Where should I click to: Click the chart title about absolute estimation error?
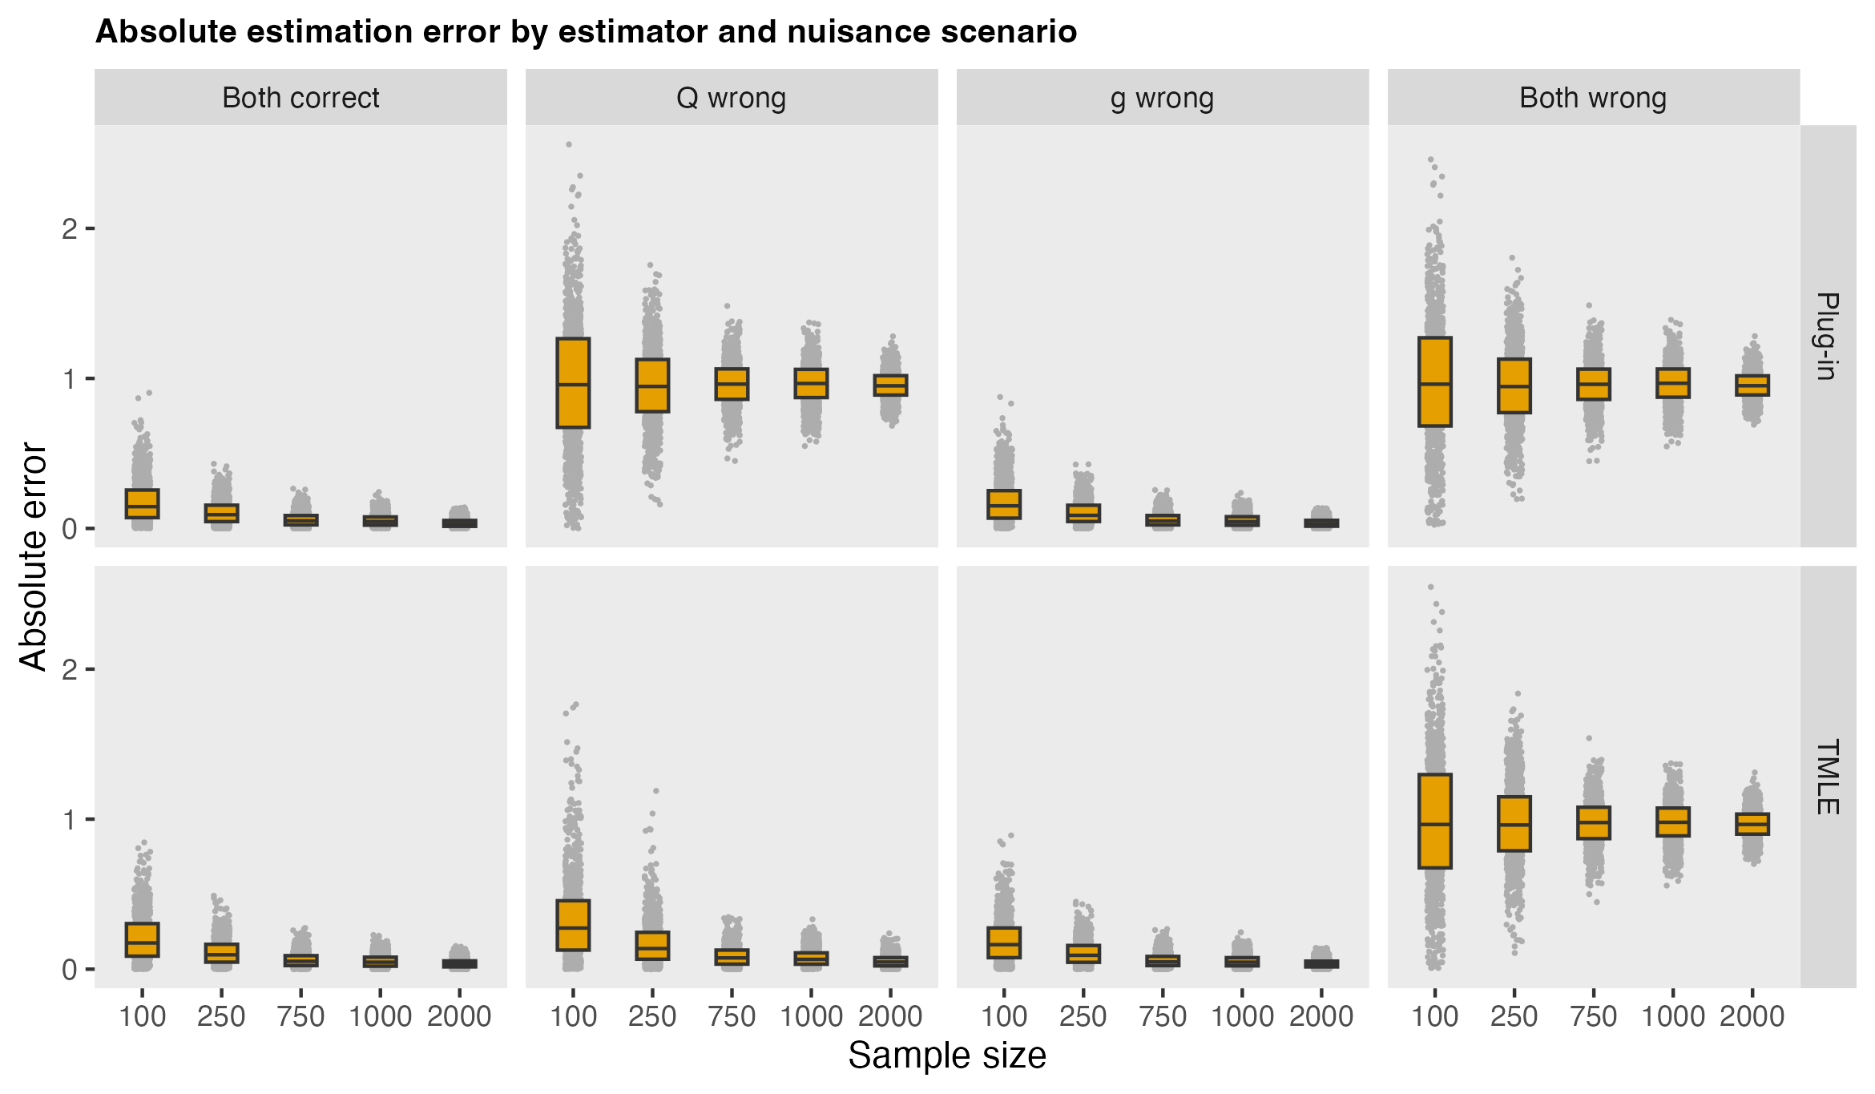(x=586, y=32)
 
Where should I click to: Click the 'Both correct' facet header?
(x=300, y=98)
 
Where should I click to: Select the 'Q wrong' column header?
(x=731, y=98)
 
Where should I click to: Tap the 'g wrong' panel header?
(x=1162, y=98)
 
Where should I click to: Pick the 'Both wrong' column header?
(x=1593, y=98)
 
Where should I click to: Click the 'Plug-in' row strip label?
(x=1827, y=336)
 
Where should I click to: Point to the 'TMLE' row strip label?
(x=1827, y=777)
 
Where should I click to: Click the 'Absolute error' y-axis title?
(x=34, y=556)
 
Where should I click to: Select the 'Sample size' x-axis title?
(x=947, y=1056)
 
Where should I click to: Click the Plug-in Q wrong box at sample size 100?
(x=573, y=383)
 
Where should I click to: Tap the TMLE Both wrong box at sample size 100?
(x=1434, y=821)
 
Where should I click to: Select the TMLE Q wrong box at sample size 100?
(x=573, y=925)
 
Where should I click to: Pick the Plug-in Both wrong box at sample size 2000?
(x=1752, y=385)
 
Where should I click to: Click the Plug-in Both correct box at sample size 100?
(x=142, y=504)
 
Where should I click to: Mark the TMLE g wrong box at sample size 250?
(x=1083, y=954)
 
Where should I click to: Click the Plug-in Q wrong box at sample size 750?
(x=732, y=384)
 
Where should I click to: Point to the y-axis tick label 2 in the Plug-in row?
(x=70, y=229)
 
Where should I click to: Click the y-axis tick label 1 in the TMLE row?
(x=70, y=820)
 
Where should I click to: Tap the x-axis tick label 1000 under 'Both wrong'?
(x=1673, y=1016)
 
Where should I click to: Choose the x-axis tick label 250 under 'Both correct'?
(x=221, y=1016)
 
